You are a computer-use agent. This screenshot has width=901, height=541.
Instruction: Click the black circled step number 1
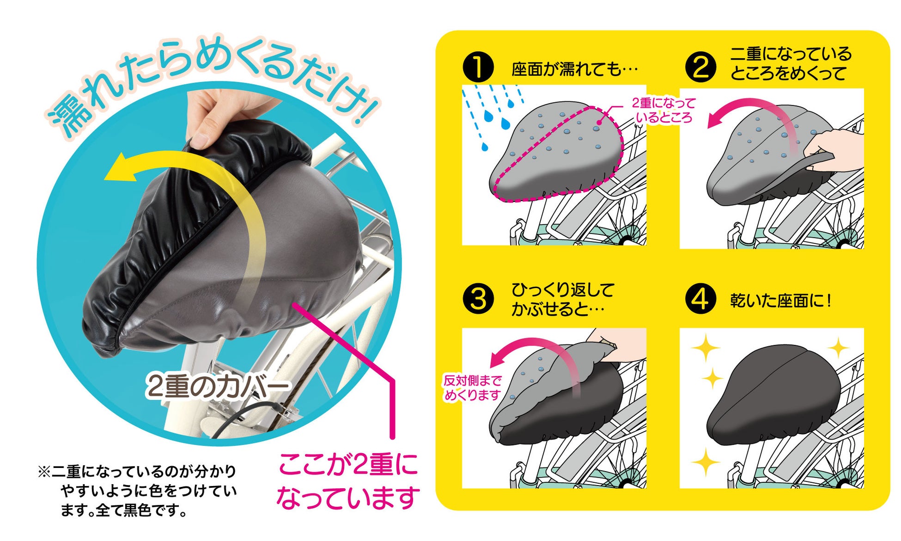point(478,67)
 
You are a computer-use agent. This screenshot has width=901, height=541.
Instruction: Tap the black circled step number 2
point(700,67)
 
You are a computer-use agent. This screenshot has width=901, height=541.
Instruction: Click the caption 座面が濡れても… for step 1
point(574,70)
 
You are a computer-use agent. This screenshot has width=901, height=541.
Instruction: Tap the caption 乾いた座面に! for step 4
point(780,301)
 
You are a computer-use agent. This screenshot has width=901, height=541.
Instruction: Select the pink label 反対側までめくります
point(472,388)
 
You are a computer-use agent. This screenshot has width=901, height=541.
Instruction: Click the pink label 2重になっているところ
point(664,111)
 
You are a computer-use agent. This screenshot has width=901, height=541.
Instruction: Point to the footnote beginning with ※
point(137,491)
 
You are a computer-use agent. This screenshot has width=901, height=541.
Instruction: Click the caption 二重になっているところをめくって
point(791,63)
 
